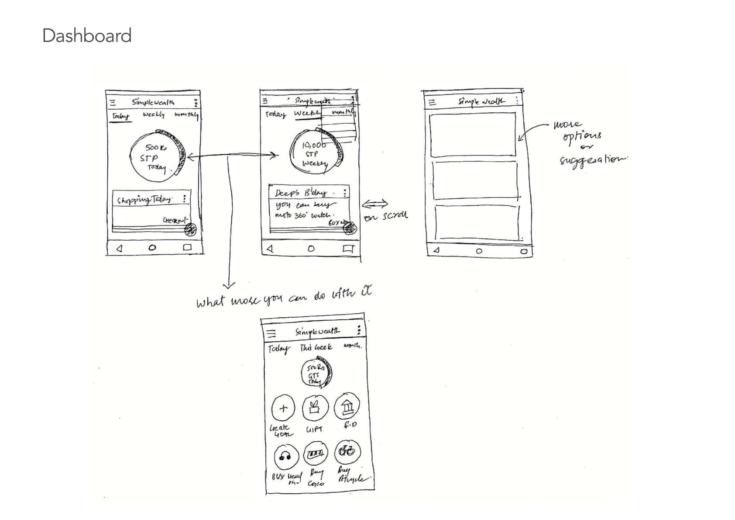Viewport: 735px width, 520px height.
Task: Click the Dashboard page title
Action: [87, 36]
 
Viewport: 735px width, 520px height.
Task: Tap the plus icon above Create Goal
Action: [283, 409]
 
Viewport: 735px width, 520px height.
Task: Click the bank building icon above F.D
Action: [347, 406]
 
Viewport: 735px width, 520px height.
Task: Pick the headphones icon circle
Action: [286, 457]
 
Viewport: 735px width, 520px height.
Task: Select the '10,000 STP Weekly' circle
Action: [315, 153]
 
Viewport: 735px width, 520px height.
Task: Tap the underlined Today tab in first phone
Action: [120, 116]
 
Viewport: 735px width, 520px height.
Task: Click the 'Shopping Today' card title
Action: [144, 200]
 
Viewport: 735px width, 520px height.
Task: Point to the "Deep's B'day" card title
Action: [301, 193]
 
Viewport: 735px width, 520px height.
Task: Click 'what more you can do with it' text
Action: [284, 298]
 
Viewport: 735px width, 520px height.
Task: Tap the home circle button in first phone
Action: [152, 248]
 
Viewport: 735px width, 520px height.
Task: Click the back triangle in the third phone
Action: [436, 251]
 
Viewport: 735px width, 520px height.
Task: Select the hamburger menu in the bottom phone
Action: [271, 334]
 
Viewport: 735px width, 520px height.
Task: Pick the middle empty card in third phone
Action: [475, 180]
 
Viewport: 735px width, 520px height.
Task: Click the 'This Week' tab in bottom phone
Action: [316, 347]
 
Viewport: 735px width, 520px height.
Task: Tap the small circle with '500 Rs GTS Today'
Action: [316, 374]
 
